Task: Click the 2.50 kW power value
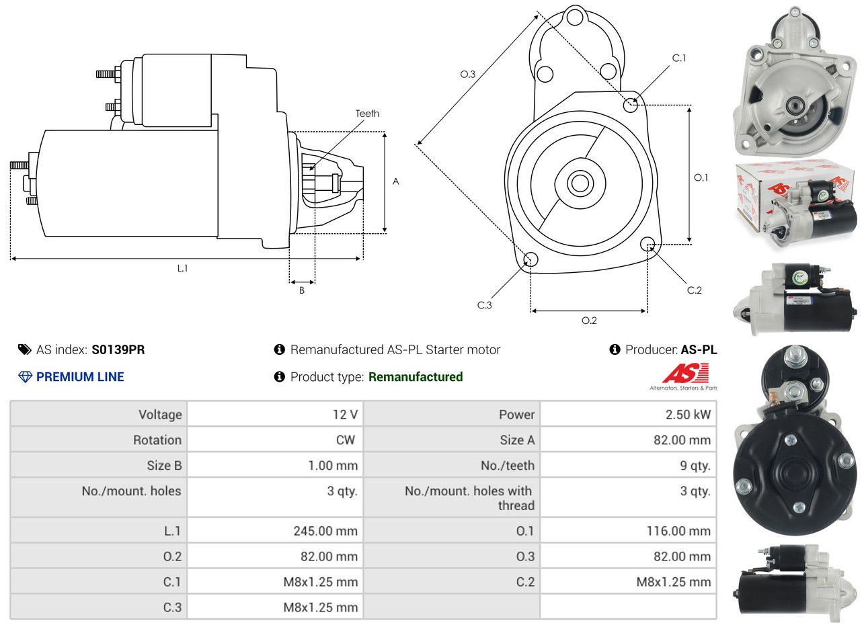point(688,415)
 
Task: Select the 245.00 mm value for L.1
point(325,531)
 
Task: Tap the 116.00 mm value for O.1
point(678,531)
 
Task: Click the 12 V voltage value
point(344,415)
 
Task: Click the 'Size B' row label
point(164,466)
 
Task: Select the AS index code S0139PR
point(118,349)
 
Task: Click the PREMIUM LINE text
point(80,377)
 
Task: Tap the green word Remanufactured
point(416,377)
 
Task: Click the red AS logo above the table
point(685,373)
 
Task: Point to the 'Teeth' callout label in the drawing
point(367,114)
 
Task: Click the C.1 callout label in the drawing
point(679,58)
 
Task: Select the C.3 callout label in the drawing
point(485,305)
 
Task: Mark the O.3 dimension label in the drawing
point(468,75)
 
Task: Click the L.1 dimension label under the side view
point(182,268)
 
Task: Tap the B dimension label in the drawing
point(302,291)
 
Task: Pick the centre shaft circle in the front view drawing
point(578,182)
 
